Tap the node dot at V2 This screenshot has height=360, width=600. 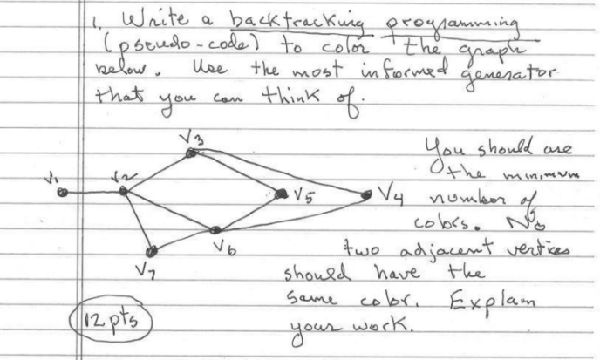point(123,190)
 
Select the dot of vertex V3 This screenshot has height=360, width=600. point(190,154)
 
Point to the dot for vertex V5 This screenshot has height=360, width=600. point(282,194)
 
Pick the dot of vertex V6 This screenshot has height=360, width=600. point(215,230)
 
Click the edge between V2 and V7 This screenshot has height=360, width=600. point(137,220)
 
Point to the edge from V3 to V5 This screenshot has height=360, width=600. point(235,174)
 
